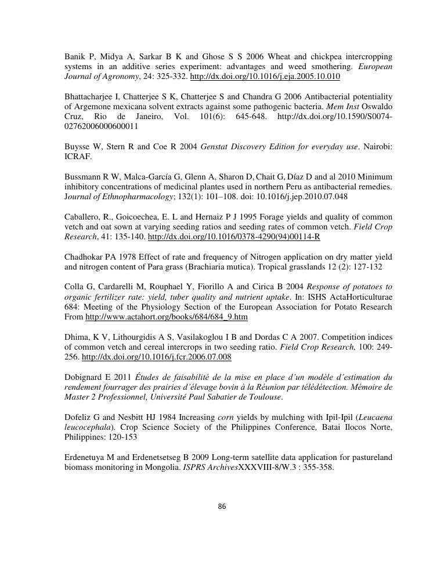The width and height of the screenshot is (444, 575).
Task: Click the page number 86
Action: (x=222, y=506)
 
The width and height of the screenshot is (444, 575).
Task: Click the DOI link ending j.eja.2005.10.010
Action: (x=265, y=77)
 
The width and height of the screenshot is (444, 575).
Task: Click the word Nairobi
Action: (x=378, y=146)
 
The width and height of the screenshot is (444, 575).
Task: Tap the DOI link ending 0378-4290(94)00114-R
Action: (x=234, y=237)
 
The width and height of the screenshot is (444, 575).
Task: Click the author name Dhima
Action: (x=76, y=337)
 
